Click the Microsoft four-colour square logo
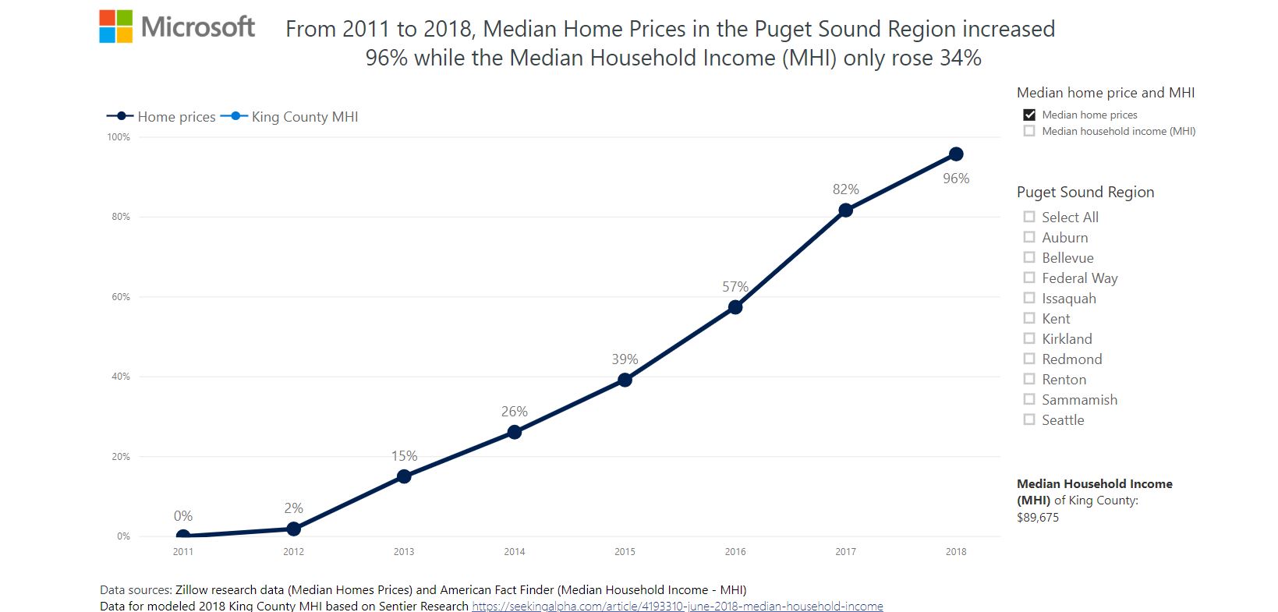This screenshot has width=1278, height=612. click(116, 27)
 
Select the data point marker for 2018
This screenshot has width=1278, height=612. click(956, 154)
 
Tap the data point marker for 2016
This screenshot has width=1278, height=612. click(735, 307)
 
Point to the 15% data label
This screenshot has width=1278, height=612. click(404, 456)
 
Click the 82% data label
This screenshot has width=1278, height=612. click(845, 189)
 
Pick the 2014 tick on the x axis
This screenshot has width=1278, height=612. click(514, 552)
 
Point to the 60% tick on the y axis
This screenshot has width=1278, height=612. click(121, 297)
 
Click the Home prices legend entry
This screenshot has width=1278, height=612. click(162, 117)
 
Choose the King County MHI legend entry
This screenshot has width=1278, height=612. click(290, 117)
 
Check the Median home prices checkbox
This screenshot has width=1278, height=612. click(1029, 115)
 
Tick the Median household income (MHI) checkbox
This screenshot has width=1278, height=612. click(1029, 131)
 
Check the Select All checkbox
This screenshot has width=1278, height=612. click(1029, 217)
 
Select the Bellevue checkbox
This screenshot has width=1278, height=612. click(1029, 257)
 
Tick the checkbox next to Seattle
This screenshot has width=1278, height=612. click(1029, 419)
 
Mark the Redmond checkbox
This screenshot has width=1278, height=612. click(1029, 359)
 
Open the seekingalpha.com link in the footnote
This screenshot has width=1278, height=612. click(677, 606)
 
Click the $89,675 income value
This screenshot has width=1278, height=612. click(1038, 518)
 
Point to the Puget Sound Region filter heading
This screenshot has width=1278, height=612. click(1085, 193)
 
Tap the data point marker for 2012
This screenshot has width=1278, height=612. click(293, 529)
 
